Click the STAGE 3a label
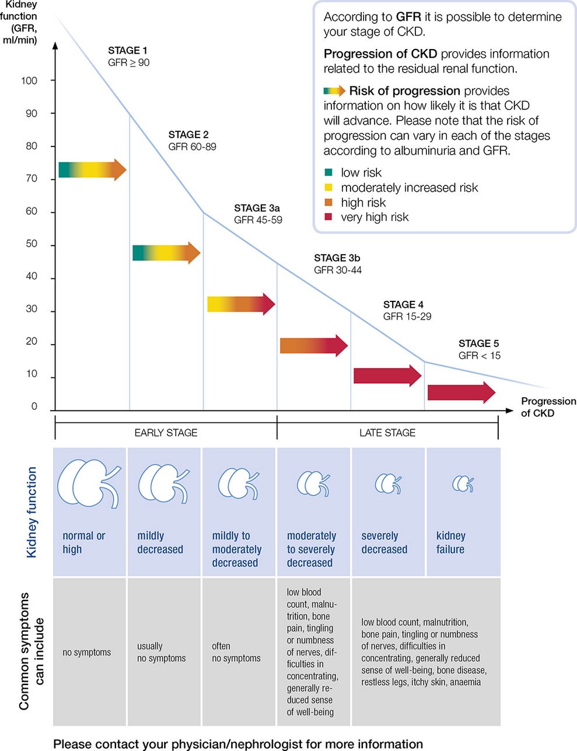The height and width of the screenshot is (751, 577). [257, 208]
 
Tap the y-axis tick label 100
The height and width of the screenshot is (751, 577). [29, 80]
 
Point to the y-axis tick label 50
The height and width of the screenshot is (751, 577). [32, 244]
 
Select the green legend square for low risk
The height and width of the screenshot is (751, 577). [328, 173]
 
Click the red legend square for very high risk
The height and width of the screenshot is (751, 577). [328, 217]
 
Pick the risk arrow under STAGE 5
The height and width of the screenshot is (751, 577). [461, 392]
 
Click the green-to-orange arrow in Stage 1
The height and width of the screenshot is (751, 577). [92, 170]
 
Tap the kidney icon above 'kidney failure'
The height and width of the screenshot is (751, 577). [463, 483]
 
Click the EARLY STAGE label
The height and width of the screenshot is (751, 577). [166, 433]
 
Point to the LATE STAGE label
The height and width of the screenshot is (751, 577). [387, 433]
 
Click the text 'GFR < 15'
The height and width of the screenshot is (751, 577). [480, 356]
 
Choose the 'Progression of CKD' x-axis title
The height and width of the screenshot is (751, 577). [548, 407]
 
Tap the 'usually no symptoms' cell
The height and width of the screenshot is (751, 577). [162, 652]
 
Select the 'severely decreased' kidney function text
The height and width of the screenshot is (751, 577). [384, 543]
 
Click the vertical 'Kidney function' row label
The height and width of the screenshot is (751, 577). [32, 512]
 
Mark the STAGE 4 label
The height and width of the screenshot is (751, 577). [403, 304]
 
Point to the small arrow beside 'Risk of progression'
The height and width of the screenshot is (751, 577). [334, 91]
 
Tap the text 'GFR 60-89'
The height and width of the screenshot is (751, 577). [192, 147]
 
